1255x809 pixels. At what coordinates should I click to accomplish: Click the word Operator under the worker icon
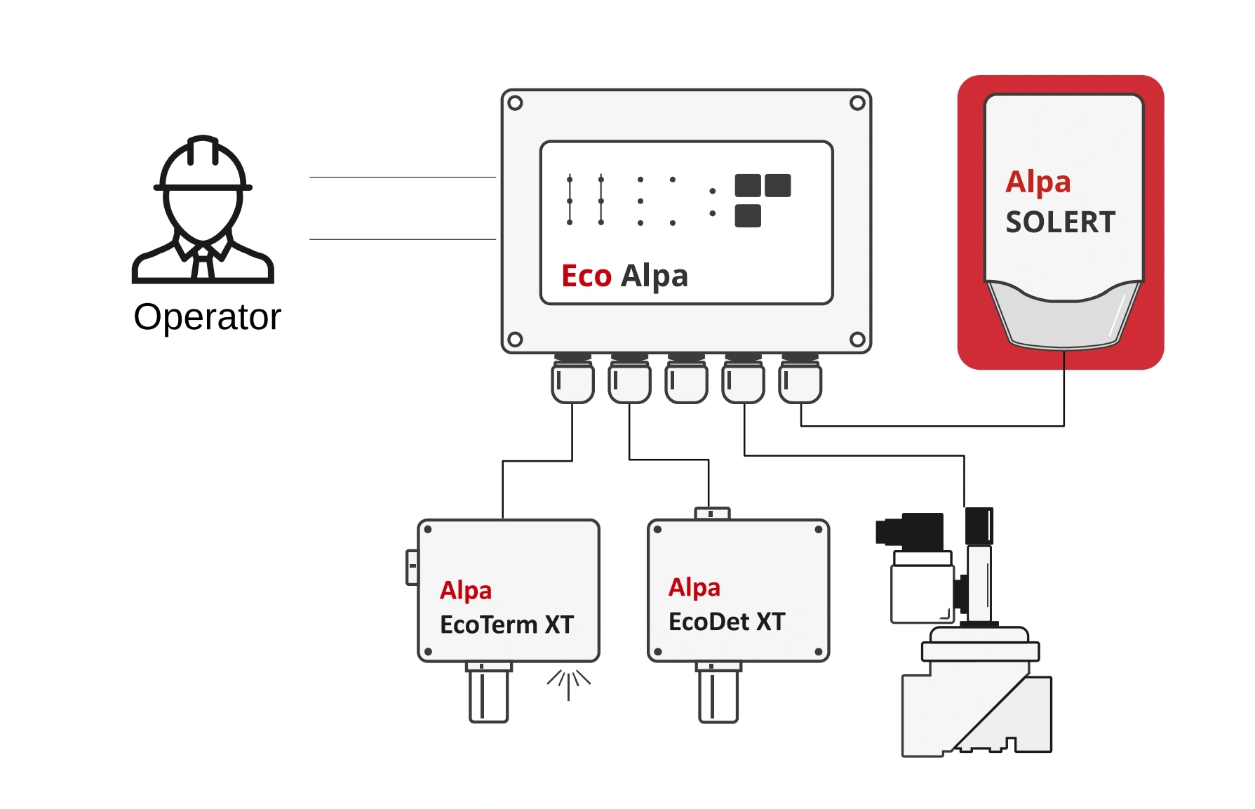coord(207,317)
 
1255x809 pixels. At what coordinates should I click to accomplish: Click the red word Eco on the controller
coord(586,276)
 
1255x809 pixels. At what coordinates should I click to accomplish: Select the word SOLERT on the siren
coord(1060,222)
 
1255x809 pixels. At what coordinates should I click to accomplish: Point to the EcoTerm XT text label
coord(506,624)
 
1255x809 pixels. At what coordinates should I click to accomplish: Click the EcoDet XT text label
coord(727,622)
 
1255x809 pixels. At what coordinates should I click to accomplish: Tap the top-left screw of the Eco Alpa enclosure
coord(515,103)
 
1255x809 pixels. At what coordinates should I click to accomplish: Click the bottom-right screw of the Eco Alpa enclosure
coord(857,340)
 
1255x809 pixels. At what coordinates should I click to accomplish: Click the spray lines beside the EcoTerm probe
coord(569,683)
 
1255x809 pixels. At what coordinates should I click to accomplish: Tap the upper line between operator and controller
coord(402,178)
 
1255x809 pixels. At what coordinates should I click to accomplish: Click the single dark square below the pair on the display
coord(748,216)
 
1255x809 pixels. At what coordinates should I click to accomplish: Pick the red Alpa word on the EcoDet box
coord(694,587)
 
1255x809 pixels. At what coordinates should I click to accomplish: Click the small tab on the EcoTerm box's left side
coord(412,566)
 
